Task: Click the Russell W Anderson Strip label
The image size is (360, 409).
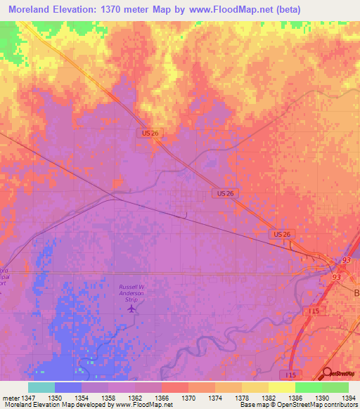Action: click(x=131, y=292)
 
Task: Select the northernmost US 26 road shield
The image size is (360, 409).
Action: click(x=146, y=132)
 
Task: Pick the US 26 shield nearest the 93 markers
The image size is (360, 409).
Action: click(x=281, y=233)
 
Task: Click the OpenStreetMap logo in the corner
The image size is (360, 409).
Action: click(x=340, y=374)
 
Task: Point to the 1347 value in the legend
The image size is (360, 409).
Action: click(x=23, y=397)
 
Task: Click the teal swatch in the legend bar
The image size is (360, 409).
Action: click(x=41, y=387)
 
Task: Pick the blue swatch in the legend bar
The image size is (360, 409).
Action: click(x=68, y=387)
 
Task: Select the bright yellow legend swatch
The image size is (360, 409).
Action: click(x=281, y=387)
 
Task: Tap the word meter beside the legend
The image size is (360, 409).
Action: click(x=8, y=397)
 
